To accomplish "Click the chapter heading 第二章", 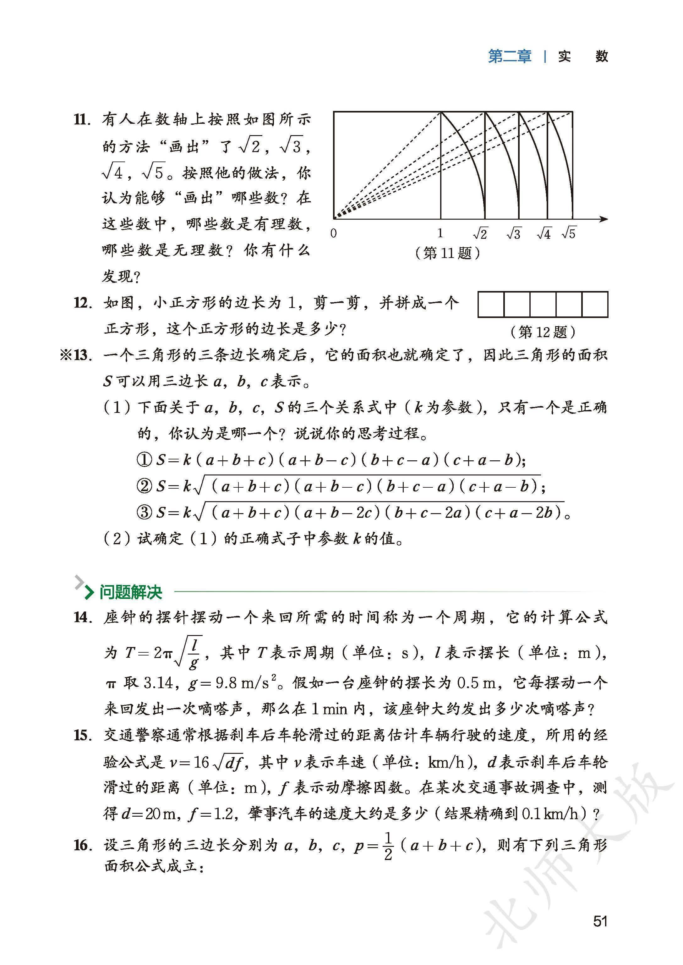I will [510, 56].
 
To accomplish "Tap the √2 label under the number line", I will [480, 233].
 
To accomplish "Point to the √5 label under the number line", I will [569, 233].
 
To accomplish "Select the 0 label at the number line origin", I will [334, 233].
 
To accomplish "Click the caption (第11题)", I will [447, 253].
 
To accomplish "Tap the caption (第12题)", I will [543, 332].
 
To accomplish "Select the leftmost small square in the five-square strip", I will [491, 304].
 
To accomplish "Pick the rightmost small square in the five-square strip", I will [595, 304].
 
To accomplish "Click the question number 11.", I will [82, 120].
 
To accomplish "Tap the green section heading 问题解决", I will [130, 593].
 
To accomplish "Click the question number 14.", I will [82, 617].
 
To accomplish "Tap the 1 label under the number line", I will [440, 233].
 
